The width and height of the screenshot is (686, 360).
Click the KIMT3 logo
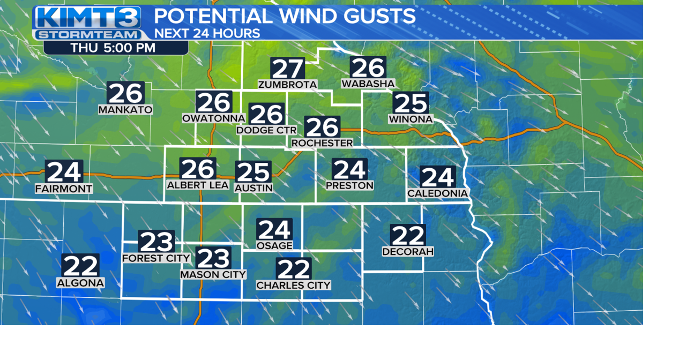click(x=88, y=22)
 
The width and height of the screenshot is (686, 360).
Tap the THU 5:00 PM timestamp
click(x=113, y=48)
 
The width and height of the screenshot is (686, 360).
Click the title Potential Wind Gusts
click(x=285, y=16)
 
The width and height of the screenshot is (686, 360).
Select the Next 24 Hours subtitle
click(x=207, y=33)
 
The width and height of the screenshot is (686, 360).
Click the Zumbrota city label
click(x=287, y=85)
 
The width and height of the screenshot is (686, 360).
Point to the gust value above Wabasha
click(x=368, y=67)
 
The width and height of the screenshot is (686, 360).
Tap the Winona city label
click(x=411, y=119)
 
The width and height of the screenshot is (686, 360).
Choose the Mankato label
click(x=125, y=110)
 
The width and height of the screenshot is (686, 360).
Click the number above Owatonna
click(x=214, y=102)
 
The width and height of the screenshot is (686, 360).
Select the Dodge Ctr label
click(x=266, y=130)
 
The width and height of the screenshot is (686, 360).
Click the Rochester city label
click(x=322, y=143)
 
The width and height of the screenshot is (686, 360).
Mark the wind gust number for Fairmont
click(x=64, y=171)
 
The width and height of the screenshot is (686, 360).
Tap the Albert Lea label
click(x=198, y=185)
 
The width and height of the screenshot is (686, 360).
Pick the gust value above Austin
click(x=253, y=172)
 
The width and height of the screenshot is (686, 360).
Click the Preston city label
click(x=349, y=185)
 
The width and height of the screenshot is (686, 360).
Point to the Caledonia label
click(x=438, y=193)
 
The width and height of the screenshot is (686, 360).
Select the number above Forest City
click(x=156, y=242)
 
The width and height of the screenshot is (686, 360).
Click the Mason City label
click(x=213, y=274)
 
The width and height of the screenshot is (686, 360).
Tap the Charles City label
click(x=293, y=286)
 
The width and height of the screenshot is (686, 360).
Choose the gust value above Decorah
click(x=408, y=235)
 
